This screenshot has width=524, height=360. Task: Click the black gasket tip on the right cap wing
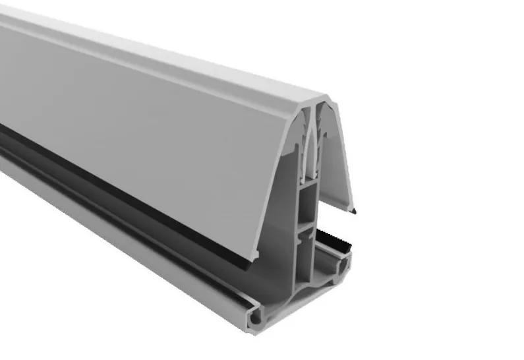pyautogui.click(x=354, y=211)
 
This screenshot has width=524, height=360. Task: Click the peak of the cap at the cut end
pyautogui.click(x=315, y=100)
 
